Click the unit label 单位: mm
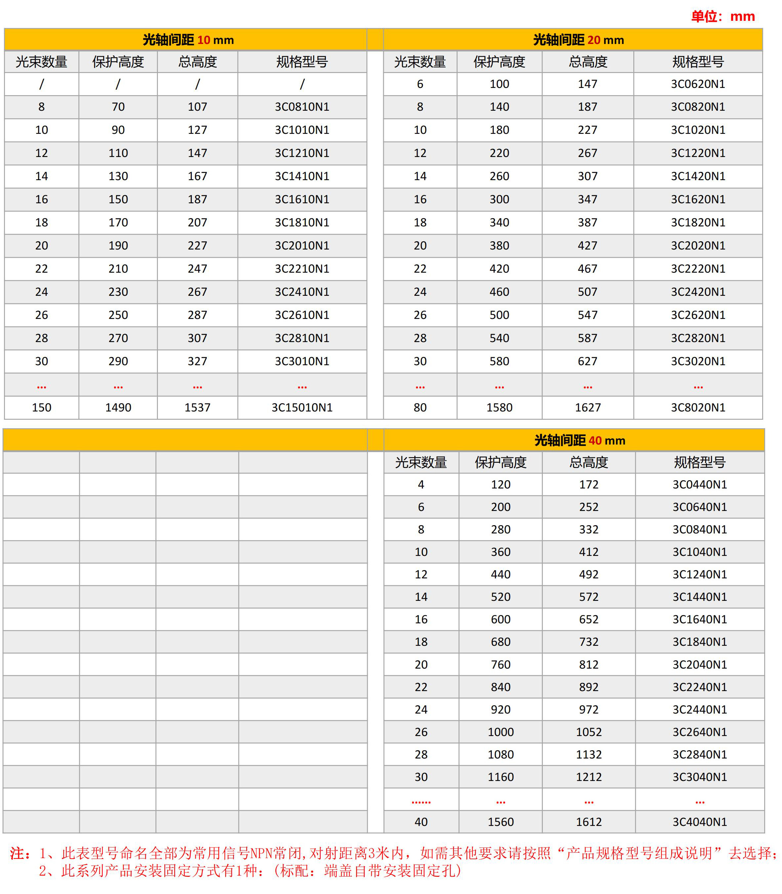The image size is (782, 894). (723, 17)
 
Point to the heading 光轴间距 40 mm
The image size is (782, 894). (579, 441)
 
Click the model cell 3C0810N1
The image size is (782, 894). (302, 107)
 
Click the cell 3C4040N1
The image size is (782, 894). (699, 822)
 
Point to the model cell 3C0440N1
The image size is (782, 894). (699, 485)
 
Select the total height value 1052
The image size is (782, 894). (589, 732)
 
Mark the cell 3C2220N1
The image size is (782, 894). (698, 269)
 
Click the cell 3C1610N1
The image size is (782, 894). (302, 200)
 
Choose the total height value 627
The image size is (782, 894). (588, 362)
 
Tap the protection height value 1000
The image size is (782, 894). (501, 732)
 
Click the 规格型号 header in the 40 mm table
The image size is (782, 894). (699, 462)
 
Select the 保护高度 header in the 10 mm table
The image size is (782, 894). (118, 62)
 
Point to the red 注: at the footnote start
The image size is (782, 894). (19, 853)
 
